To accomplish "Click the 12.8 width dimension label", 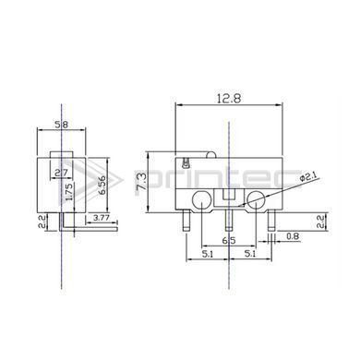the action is click(x=229, y=99).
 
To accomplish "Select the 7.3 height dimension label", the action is click(x=142, y=182).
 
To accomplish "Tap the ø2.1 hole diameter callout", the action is click(x=308, y=177).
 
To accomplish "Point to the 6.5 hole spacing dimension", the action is click(x=229, y=240).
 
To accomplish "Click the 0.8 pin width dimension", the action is click(x=293, y=236).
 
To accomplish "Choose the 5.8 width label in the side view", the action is click(x=61, y=125).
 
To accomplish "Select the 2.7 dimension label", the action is click(x=61, y=173).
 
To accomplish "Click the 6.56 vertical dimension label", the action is click(x=102, y=185).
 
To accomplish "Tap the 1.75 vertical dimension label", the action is click(x=69, y=192).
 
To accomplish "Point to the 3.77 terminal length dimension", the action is click(x=102, y=218).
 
